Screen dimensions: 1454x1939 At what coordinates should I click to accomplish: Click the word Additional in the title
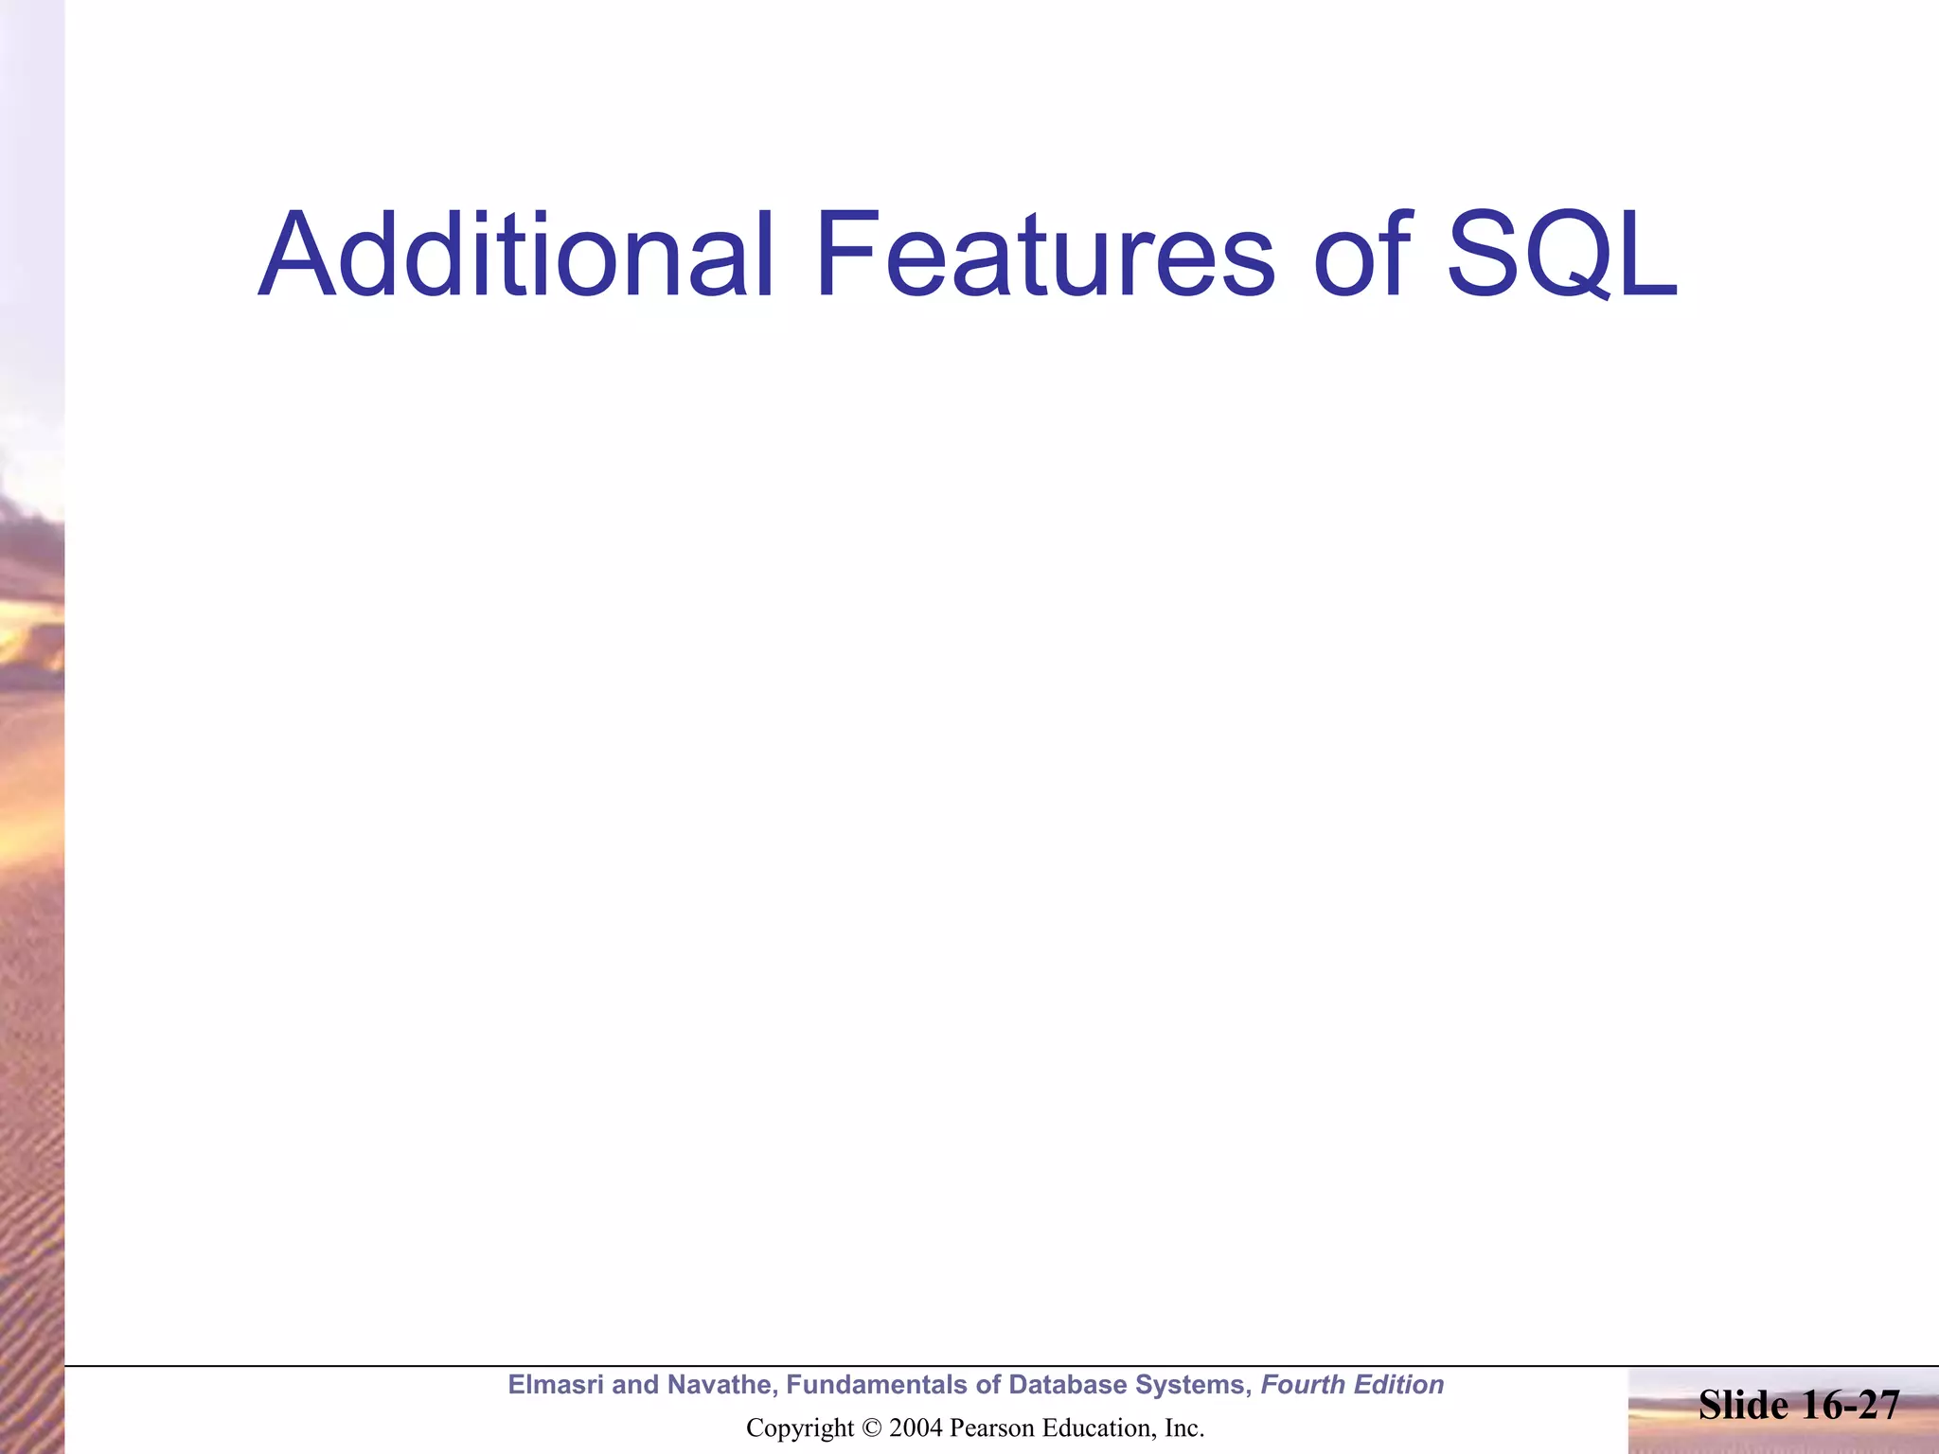(x=516, y=256)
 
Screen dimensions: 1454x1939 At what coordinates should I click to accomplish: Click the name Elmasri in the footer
(x=556, y=1385)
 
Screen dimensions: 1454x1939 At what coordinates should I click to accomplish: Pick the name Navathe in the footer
(x=720, y=1385)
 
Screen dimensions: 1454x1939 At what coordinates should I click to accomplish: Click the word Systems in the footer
(x=1193, y=1386)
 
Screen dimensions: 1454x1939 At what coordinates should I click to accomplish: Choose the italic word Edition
(x=1400, y=1385)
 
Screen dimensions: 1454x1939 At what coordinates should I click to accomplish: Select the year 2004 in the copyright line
(x=916, y=1428)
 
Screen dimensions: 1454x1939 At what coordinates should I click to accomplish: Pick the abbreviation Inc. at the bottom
(x=1184, y=1428)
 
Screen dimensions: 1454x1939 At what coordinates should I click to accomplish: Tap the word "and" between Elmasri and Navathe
(x=635, y=1385)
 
